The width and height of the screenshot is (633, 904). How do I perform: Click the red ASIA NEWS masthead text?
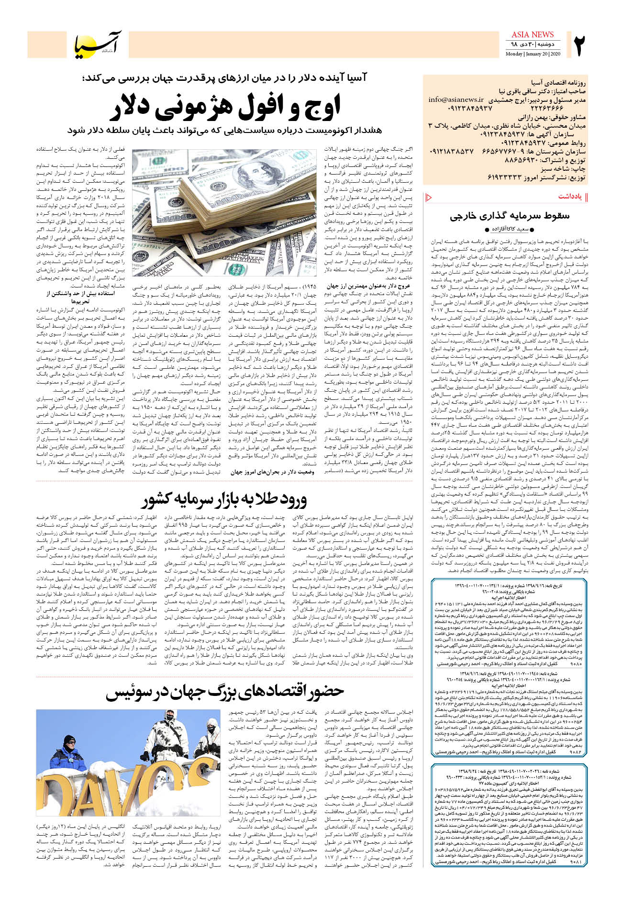coord(532,34)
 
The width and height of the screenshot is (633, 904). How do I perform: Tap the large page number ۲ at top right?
coord(579,45)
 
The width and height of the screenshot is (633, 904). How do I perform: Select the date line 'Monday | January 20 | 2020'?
coord(533,54)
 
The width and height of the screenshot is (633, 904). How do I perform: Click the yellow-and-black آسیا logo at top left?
coord(98,44)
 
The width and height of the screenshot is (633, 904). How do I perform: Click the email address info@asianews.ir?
coord(455,100)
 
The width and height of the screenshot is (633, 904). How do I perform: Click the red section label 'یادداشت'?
coord(570,197)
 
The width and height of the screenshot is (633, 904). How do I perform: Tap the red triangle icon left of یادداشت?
coord(429,197)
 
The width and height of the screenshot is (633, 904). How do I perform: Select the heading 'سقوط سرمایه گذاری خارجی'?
coord(509,216)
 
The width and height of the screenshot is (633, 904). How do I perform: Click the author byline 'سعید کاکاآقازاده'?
coord(509,230)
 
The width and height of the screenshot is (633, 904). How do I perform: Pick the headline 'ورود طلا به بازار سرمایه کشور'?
coord(224,500)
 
